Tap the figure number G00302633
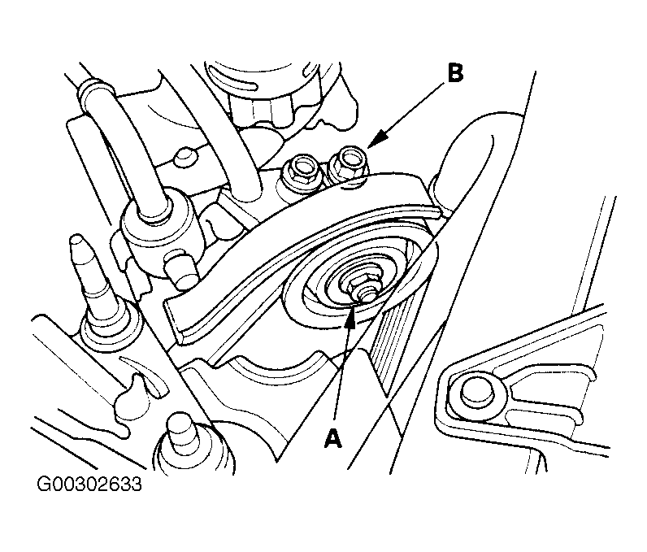[x=89, y=487]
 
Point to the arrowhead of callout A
[x=350, y=311]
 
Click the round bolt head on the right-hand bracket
[x=472, y=393]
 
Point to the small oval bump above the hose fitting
[x=186, y=154]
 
